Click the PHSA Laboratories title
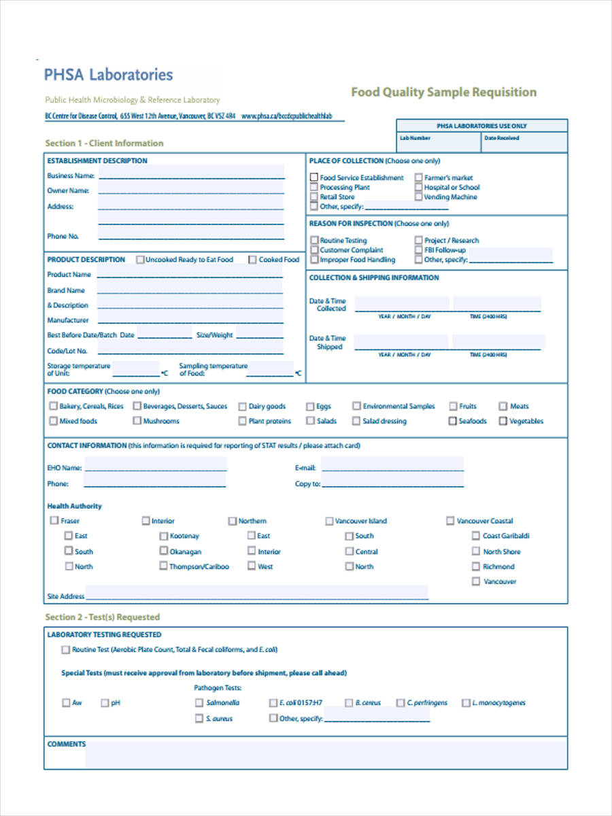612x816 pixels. tap(109, 75)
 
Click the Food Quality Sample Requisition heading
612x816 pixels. tap(443, 92)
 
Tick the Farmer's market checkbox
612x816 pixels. tap(419, 177)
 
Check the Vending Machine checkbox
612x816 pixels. tap(419, 197)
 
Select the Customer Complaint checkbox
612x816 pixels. tap(314, 250)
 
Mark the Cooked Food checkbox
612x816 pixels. tap(253, 259)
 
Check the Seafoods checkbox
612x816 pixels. tap(452, 421)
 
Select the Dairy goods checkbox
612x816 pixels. tap(242, 406)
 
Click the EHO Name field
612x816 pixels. tap(155, 467)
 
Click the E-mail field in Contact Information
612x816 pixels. tap(392, 467)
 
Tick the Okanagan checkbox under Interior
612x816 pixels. tap(163, 551)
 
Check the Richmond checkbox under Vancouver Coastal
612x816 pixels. tap(476, 566)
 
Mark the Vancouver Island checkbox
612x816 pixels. tap(329, 521)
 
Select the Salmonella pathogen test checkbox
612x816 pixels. tap(199, 702)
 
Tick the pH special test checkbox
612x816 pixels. tap(105, 702)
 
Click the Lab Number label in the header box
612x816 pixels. tap(415, 138)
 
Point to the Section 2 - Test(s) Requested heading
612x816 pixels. tap(102, 617)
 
